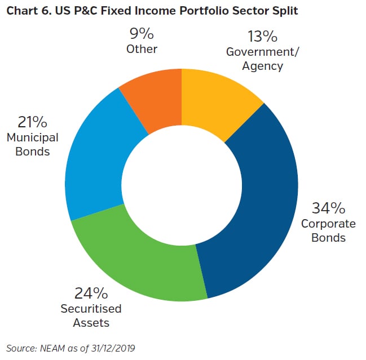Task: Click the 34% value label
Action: tap(328, 208)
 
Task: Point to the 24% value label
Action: tap(91, 294)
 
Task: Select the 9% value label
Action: tap(142, 33)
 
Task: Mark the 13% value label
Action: tap(262, 37)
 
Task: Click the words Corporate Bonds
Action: tap(328, 230)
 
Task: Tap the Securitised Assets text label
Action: tap(91, 315)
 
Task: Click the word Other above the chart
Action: tap(142, 49)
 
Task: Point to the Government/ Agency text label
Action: tap(262, 59)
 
